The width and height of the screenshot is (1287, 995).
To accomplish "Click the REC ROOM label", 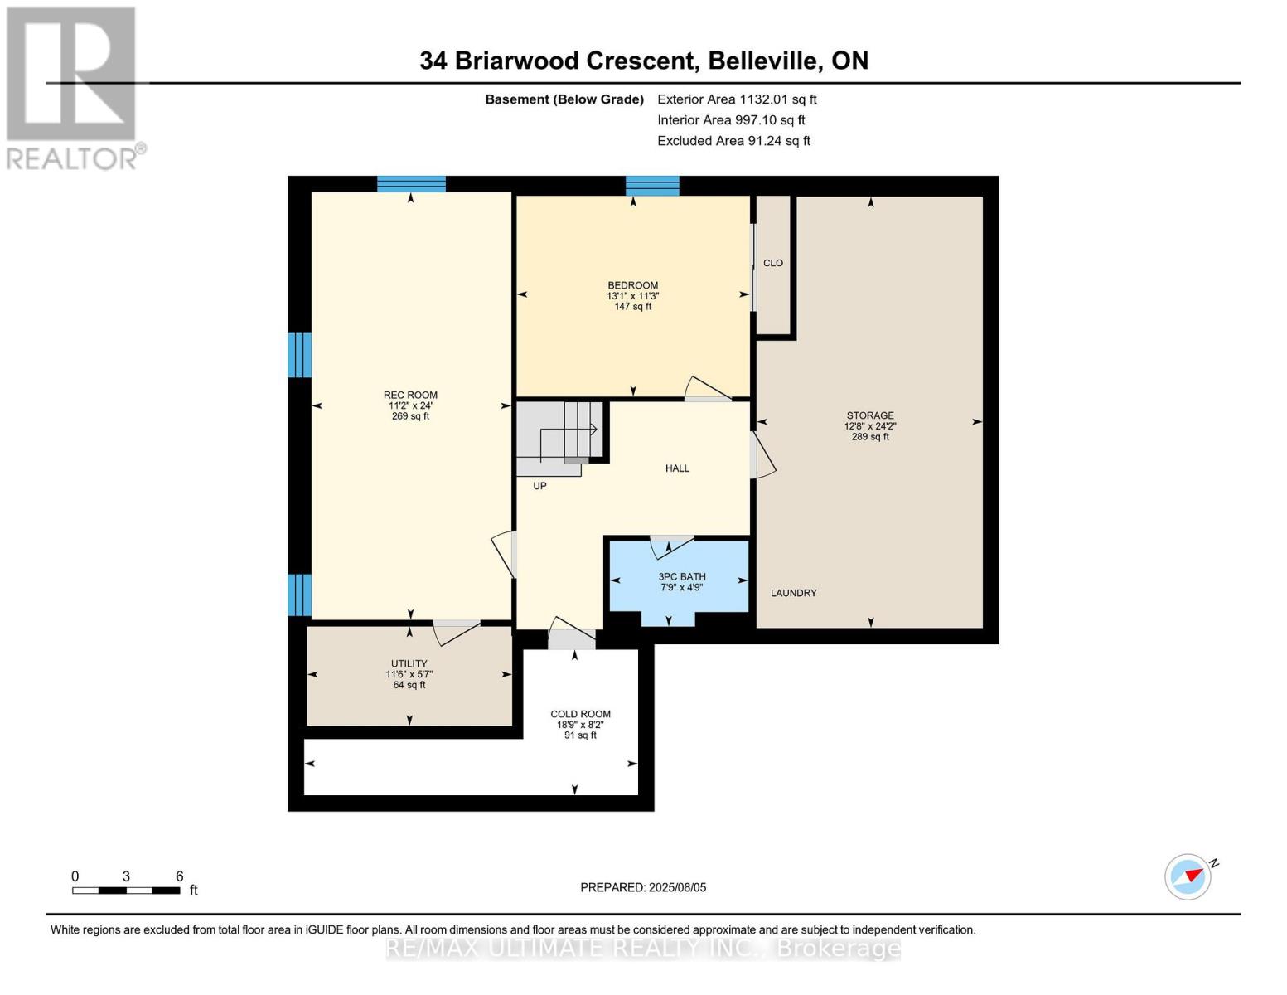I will point(410,396).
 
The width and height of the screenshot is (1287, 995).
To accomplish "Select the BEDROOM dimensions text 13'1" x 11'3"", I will point(632,296).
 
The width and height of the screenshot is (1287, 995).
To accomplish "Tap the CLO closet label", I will point(772,263).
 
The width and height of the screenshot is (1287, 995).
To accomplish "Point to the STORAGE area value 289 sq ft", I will point(870,437).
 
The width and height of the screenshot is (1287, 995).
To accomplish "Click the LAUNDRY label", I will point(793,593).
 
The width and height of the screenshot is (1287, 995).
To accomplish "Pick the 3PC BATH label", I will point(681,576).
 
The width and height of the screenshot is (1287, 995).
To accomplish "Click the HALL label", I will point(677,468).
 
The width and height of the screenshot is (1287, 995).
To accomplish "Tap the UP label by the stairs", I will point(539,486).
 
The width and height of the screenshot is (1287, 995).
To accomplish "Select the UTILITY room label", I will point(409,663).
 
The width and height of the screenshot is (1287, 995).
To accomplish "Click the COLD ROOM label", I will point(580,714).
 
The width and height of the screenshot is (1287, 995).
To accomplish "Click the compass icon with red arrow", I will point(1188,876).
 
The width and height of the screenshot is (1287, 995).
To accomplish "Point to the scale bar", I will point(126,891).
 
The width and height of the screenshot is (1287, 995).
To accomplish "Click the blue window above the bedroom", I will point(652,185).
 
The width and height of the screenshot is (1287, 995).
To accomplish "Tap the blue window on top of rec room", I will point(411,184).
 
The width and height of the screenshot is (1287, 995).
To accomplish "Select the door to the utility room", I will point(456,632).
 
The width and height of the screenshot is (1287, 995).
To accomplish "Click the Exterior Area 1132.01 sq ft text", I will point(737,99).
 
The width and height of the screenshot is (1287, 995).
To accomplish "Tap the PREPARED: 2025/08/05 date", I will point(643,887).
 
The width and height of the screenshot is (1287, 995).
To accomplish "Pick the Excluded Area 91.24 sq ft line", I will point(733,141).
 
